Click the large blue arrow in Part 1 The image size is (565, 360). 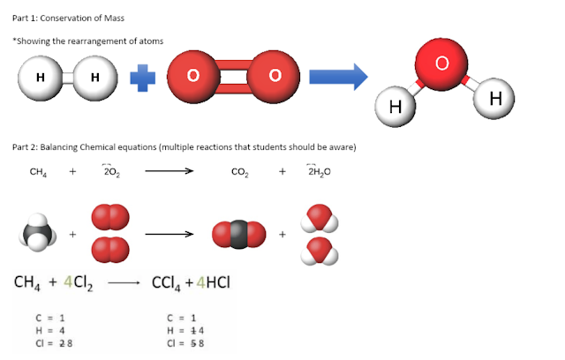(x=337, y=77)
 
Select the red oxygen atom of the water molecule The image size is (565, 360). (x=442, y=64)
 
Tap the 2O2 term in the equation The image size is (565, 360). (x=111, y=173)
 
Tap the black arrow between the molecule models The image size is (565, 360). (x=168, y=235)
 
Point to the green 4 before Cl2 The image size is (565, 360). (x=69, y=283)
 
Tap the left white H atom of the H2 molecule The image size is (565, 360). (x=40, y=77)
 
